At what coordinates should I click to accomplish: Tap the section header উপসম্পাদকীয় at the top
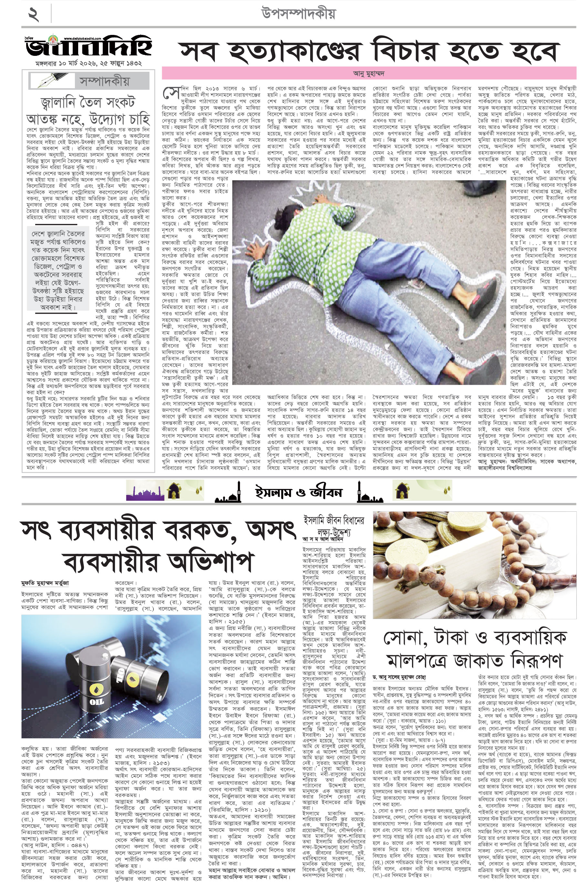coord(298,14)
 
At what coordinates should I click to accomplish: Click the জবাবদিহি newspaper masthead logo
coord(89,47)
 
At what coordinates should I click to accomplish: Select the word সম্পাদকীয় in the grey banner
coord(104,81)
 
